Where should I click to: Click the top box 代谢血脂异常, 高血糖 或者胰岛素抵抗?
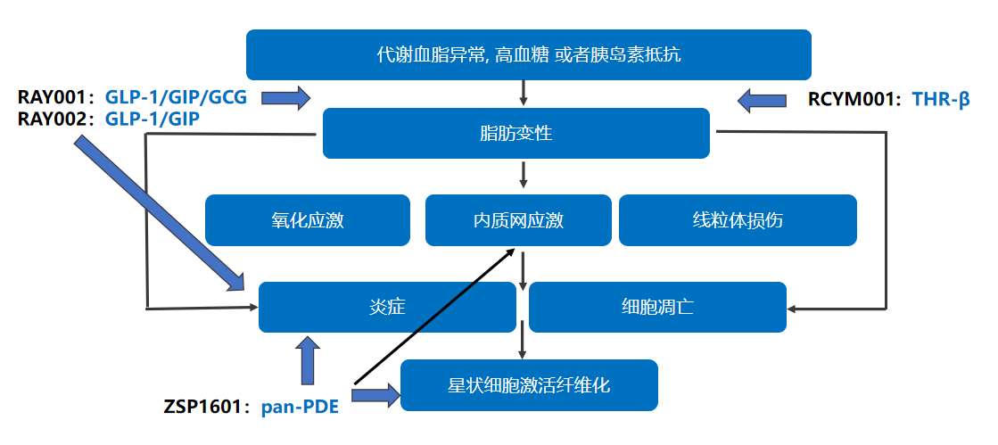coord(528,54)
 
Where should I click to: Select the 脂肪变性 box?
coord(515,134)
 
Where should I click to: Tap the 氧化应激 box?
coord(308,219)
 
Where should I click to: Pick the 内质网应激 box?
coord(518,219)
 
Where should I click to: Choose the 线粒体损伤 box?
coord(738,219)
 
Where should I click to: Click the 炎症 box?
coord(387,307)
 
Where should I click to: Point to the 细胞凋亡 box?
coord(657,307)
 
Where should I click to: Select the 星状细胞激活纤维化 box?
coord(529,385)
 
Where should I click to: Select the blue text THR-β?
coord(941,99)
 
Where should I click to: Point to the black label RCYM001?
coord(855,99)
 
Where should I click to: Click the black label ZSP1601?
coord(202,408)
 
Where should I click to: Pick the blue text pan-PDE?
coord(300,408)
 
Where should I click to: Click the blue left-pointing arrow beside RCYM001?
coord(763,99)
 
